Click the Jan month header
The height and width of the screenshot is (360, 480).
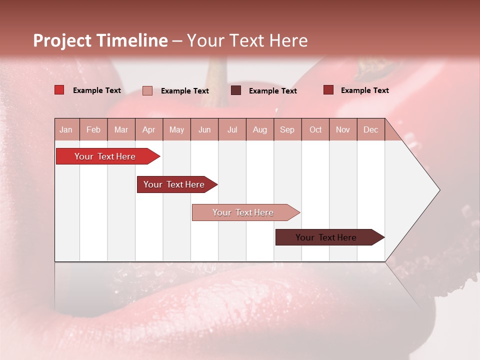pyautogui.click(x=66, y=129)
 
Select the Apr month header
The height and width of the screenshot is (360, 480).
pyautogui.click(x=148, y=129)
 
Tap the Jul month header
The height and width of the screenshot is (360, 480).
pyautogui.click(x=232, y=129)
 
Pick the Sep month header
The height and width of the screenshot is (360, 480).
pyautogui.click(x=287, y=129)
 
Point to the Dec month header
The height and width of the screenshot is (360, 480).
pyautogui.click(x=370, y=129)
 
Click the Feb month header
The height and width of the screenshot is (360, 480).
pyautogui.click(x=93, y=129)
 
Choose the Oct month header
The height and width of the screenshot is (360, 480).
pyautogui.click(x=315, y=129)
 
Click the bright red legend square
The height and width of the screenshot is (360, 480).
pyautogui.click(x=59, y=90)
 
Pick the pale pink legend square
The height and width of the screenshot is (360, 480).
pyautogui.click(x=147, y=90)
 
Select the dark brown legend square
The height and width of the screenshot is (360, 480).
pyautogui.click(x=236, y=90)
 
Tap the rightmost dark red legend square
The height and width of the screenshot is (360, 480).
pyautogui.click(x=328, y=90)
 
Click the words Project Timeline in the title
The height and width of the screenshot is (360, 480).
pyautogui.click(x=100, y=40)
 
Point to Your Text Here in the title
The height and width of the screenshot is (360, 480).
pyautogui.click(x=247, y=40)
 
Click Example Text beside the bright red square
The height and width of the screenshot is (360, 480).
pyautogui.click(x=97, y=90)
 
